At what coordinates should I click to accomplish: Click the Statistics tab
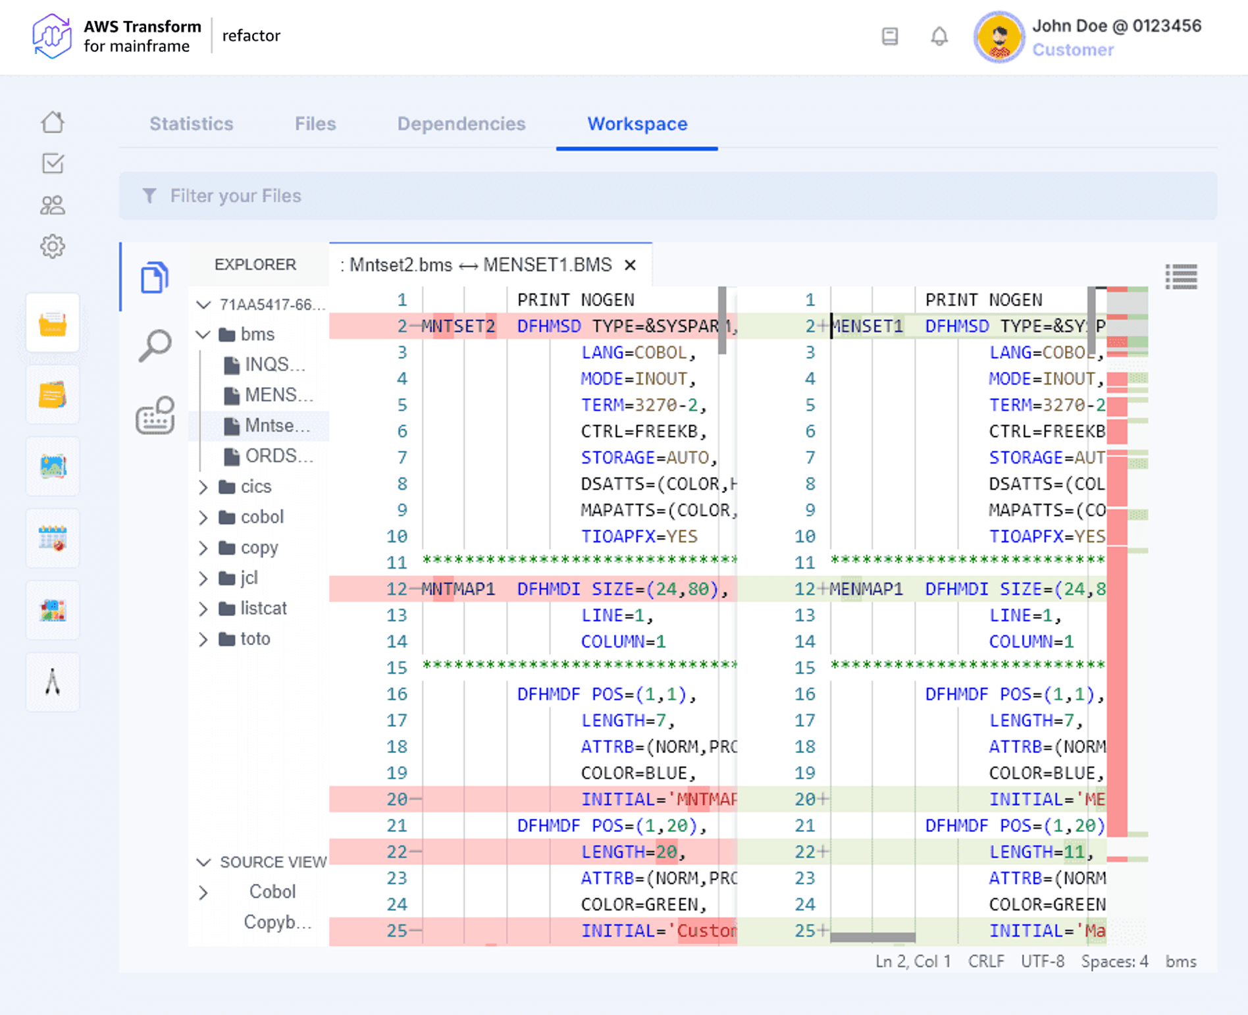tap(191, 124)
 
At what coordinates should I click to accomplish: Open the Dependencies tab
tap(461, 124)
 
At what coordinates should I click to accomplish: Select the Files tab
tap(315, 124)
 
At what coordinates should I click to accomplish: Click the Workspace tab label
tap(637, 124)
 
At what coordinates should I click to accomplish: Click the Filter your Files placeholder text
tap(235, 195)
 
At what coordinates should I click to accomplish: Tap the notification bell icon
tap(939, 36)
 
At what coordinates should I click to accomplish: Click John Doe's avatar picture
tap(999, 37)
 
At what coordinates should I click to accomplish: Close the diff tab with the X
tap(630, 265)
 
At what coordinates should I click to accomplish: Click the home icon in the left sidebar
tap(53, 122)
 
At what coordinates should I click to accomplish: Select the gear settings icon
tap(53, 247)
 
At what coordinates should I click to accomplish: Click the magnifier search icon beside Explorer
tap(155, 345)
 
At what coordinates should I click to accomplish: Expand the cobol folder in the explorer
tap(261, 517)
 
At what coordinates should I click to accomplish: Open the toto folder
tap(255, 638)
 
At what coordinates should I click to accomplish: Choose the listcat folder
tap(263, 608)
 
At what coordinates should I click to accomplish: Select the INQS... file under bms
tap(274, 365)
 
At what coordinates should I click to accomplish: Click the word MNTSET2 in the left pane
tap(458, 326)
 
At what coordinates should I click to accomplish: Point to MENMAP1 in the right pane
tap(866, 588)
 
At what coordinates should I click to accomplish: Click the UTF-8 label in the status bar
tap(1042, 962)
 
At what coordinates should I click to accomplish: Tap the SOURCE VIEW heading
tap(273, 862)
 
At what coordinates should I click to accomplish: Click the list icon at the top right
tap(1181, 277)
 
